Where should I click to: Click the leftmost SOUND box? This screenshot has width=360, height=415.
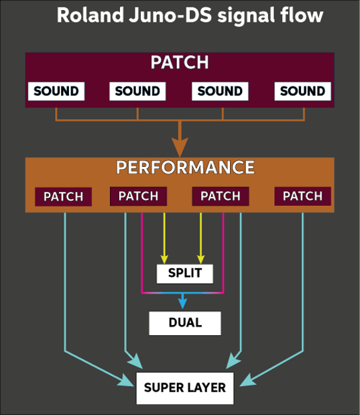tap(56, 91)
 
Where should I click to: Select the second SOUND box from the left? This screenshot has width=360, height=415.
tap(137, 91)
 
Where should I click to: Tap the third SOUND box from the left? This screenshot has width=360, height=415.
tap(220, 91)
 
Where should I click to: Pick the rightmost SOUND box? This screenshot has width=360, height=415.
tap(302, 91)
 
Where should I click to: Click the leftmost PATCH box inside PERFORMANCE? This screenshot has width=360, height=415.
tap(63, 196)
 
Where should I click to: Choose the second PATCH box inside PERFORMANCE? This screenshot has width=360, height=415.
tap(138, 196)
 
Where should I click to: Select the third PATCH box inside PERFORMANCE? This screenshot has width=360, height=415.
tap(221, 196)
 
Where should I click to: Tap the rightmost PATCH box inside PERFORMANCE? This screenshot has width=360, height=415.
tap(302, 196)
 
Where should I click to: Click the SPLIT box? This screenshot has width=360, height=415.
tap(185, 274)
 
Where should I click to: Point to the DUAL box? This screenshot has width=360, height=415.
tap(185, 323)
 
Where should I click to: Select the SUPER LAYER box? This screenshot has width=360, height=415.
tap(185, 388)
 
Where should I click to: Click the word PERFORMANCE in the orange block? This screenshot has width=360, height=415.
tap(185, 168)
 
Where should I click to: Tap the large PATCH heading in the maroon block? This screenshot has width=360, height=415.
tap(180, 62)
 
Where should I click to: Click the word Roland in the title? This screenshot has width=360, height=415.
tap(91, 15)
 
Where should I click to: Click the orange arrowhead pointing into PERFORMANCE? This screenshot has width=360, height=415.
tap(180, 147)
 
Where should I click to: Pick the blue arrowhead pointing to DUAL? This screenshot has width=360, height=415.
tap(182, 303)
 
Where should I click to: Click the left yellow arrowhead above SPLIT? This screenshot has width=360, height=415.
tap(164, 259)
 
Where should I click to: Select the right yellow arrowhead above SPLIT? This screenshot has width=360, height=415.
tap(201, 259)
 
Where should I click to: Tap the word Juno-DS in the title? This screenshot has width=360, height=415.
tap(170, 15)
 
